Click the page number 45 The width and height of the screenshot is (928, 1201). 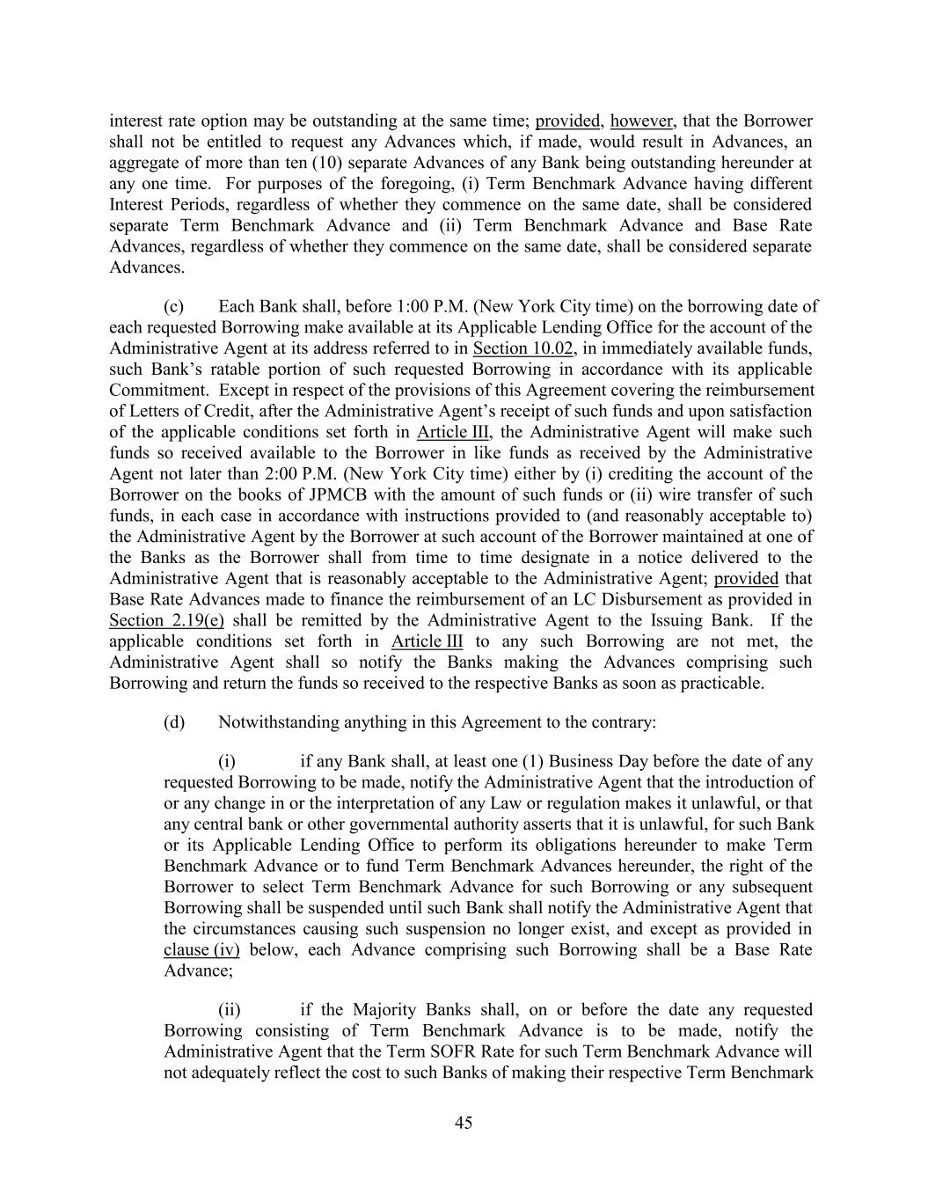tap(464, 1123)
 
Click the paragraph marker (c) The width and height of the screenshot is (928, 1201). tap(173, 306)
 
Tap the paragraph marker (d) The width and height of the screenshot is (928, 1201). tap(174, 722)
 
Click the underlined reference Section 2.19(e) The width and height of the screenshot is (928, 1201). tap(166, 620)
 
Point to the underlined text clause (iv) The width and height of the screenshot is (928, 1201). tap(201, 950)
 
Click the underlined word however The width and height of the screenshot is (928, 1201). tap(641, 121)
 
